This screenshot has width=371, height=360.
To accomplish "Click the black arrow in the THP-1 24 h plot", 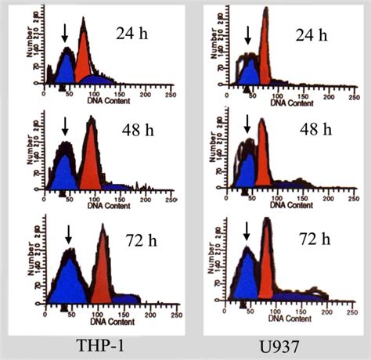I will point(64,34).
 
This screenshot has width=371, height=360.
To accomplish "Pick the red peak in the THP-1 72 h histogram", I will point(103,266).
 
